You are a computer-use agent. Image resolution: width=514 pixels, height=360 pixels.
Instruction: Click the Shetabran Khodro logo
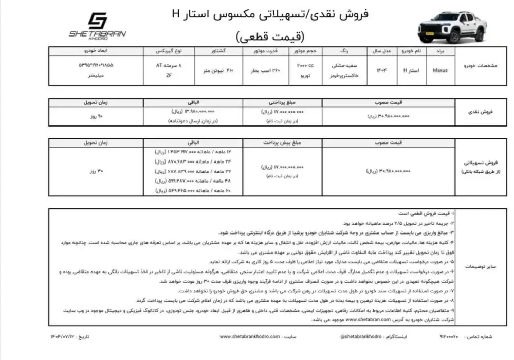click(x=97, y=25)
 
